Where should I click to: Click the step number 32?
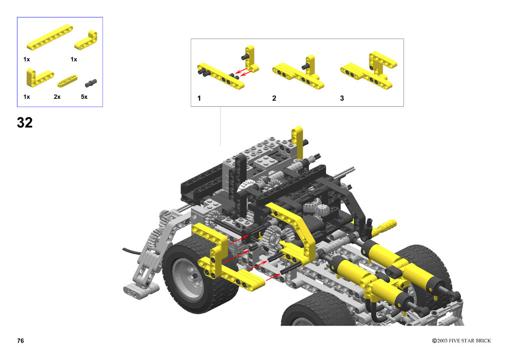click(25, 123)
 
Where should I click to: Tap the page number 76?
click(20, 341)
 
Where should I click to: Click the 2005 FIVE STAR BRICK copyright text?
click(461, 341)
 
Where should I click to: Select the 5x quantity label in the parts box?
click(84, 97)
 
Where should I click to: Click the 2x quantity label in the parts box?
click(57, 97)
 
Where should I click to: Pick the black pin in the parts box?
click(91, 83)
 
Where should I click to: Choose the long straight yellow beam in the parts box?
click(50, 37)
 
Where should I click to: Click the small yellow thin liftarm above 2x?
click(68, 81)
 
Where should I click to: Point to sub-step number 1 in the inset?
click(199, 98)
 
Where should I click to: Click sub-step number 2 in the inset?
click(274, 98)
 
